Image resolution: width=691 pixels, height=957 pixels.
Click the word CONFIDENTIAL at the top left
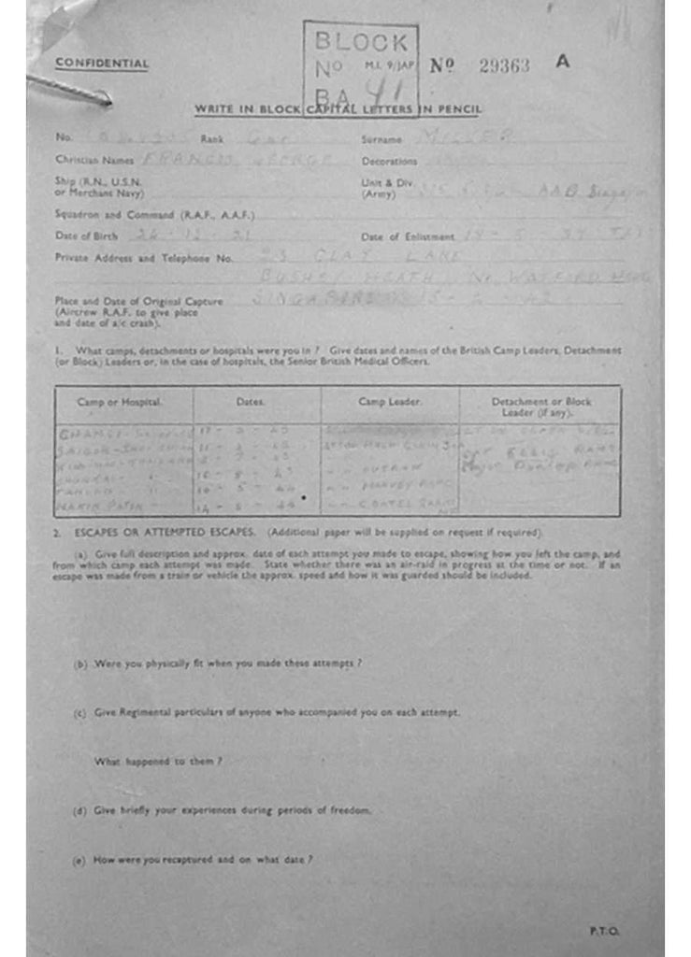tap(102, 64)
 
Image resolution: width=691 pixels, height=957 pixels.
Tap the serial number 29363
tap(503, 65)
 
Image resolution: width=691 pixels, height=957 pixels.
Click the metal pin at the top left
tap(71, 89)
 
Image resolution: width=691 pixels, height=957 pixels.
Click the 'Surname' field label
tap(381, 139)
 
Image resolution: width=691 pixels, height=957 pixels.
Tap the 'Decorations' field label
tap(389, 161)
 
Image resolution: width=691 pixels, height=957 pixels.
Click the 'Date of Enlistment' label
tap(408, 236)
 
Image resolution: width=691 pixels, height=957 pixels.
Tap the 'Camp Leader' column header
tap(390, 402)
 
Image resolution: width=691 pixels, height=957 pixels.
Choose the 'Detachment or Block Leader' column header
tap(540, 407)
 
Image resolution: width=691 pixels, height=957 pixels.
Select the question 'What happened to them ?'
tap(157, 762)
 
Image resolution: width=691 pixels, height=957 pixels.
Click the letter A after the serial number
tap(561, 63)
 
